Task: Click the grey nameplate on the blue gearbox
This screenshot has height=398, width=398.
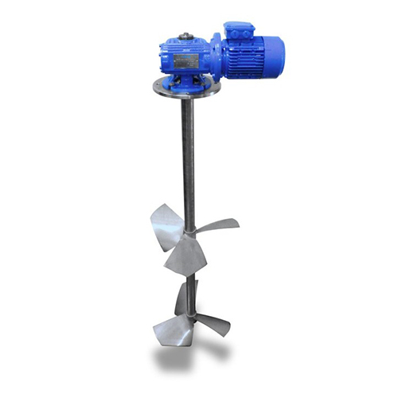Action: click(x=185, y=60)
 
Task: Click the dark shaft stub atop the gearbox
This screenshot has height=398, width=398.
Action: click(x=186, y=35)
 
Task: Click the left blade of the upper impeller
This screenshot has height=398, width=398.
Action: click(x=166, y=217)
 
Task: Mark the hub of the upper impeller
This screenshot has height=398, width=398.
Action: click(x=189, y=233)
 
